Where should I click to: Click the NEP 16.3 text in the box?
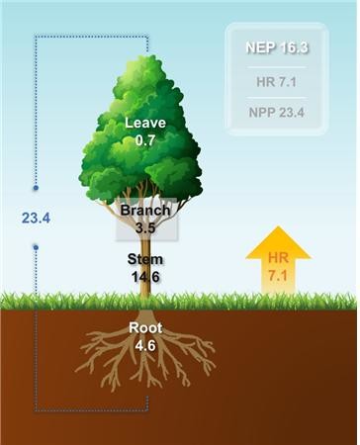click(277, 47)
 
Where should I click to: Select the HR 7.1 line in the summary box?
click(277, 82)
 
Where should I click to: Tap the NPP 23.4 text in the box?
click(277, 113)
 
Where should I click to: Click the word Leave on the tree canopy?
click(145, 123)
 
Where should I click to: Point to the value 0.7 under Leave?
click(145, 140)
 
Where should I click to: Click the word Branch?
click(145, 211)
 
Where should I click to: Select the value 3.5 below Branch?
click(145, 227)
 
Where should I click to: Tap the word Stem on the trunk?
click(145, 259)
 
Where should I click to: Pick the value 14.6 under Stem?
click(145, 277)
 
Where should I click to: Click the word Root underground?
click(145, 328)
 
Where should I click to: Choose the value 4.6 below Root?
click(145, 346)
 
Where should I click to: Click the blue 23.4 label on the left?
click(36, 219)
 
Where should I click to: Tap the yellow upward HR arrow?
click(278, 260)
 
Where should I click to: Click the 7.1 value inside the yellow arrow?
click(278, 276)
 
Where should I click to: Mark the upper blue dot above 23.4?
click(36, 188)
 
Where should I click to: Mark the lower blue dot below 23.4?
click(36, 247)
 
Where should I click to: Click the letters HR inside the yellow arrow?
click(278, 258)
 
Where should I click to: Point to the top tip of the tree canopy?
click(152, 54)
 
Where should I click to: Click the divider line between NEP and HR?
click(277, 67)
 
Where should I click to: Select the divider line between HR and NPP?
click(277, 98)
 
